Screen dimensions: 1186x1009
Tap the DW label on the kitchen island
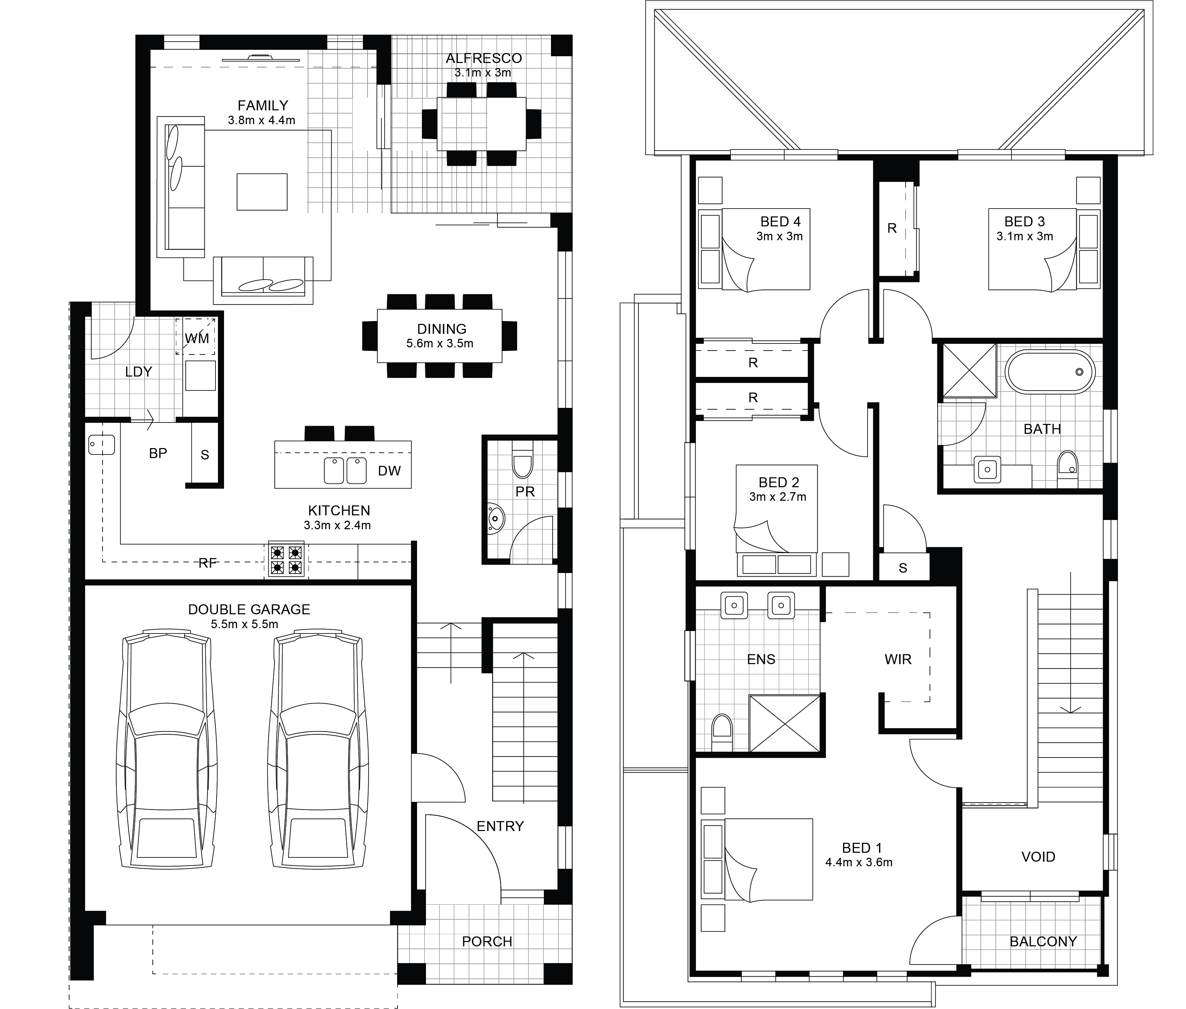389,471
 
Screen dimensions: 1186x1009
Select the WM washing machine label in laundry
197,338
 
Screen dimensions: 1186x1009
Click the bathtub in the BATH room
1050,372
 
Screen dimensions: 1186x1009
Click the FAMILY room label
263,106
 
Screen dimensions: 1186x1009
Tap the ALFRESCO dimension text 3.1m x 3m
483,73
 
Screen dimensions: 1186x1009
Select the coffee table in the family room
262,191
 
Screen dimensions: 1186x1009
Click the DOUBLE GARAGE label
249,610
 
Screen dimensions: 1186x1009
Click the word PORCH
487,941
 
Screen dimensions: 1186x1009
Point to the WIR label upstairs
898,659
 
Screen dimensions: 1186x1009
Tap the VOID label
1038,857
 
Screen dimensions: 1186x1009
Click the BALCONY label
1043,941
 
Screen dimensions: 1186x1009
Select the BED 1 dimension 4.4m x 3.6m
859,863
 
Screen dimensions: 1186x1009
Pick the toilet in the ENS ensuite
722,733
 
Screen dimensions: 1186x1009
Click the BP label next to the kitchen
158,453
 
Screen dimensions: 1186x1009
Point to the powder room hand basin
496,519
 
